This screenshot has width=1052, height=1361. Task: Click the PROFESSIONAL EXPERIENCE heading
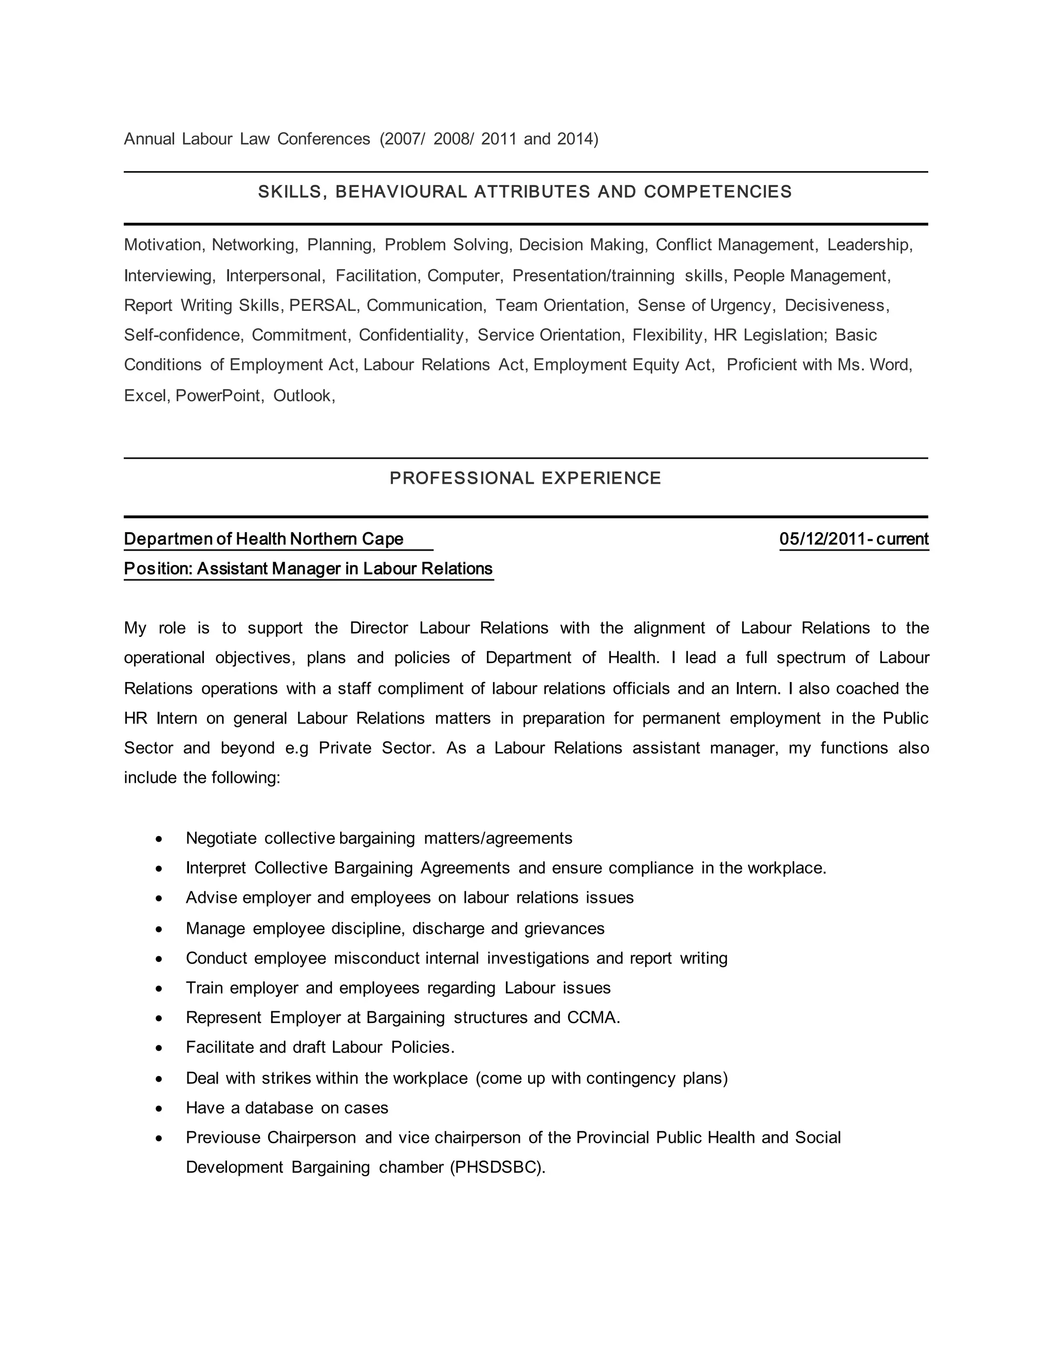(525, 478)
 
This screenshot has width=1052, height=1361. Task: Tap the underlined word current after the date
(902, 539)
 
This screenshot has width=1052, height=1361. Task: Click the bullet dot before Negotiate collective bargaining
(160, 839)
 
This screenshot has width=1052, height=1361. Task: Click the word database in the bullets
(279, 1108)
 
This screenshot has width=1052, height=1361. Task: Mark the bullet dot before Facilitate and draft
(160, 1049)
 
